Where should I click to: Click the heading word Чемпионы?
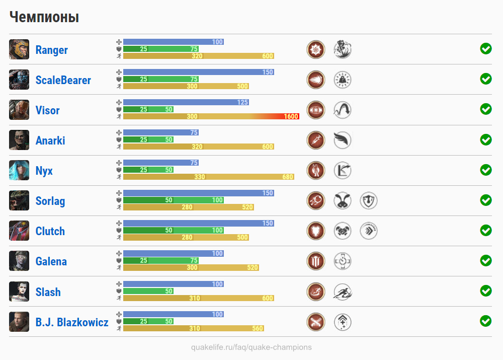tap(44, 17)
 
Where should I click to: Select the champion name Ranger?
tap(51, 50)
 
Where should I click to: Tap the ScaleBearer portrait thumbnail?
tap(19, 80)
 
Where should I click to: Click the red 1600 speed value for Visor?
tap(291, 117)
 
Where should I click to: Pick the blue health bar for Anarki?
tap(160, 132)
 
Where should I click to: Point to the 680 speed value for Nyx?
tap(288, 177)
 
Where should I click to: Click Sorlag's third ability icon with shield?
tap(369, 200)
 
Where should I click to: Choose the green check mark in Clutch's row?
tap(485, 230)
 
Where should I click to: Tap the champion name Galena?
tap(51, 261)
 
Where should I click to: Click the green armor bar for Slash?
tap(148, 291)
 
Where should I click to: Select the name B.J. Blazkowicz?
tap(71, 322)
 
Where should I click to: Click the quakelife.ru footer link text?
tap(251, 347)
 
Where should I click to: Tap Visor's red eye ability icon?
tap(316, 110)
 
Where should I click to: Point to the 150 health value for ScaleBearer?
tap(268, 72)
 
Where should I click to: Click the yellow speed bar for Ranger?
tap(198, 56)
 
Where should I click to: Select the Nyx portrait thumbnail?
tap(19, 170)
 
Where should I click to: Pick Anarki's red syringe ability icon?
tap(316, 140)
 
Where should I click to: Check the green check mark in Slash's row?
tap(485, 291)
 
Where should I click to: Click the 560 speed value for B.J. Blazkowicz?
tap(258, 329)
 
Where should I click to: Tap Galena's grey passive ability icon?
tap(343, 261)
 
